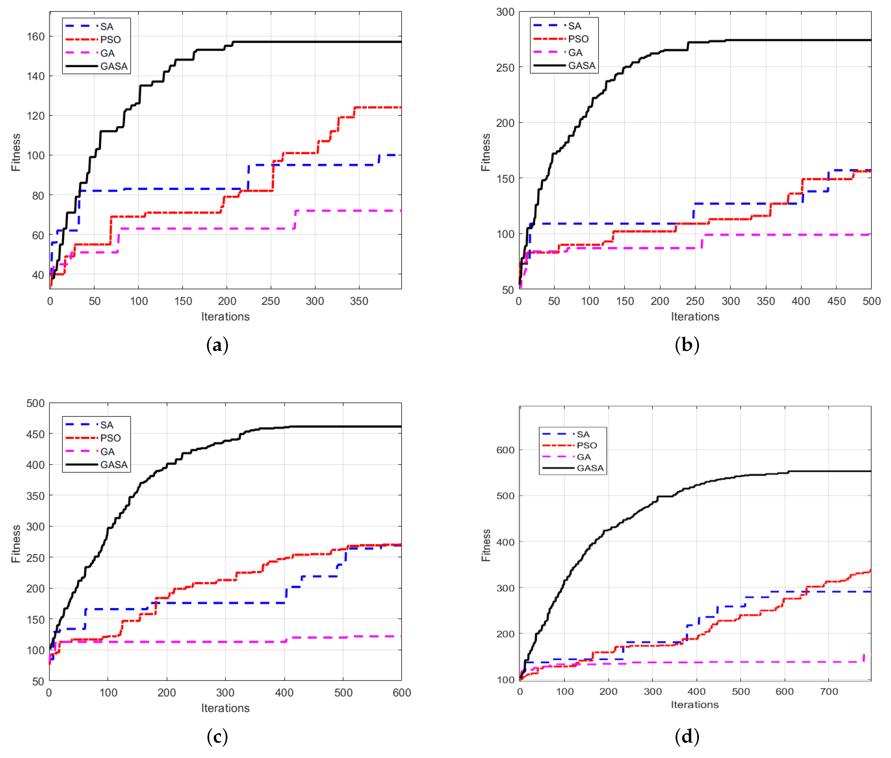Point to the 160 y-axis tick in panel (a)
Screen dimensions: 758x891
coord(36,37)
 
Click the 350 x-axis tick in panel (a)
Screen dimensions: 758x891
coord(359,301)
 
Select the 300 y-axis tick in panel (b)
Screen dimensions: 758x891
coord(505,12)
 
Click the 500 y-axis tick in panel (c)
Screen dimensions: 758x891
coord(35,403)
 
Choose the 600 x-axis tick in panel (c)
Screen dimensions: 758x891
coord(401,693)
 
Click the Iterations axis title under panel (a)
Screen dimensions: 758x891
coord(225,317)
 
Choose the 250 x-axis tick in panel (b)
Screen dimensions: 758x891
coord(695,301)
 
